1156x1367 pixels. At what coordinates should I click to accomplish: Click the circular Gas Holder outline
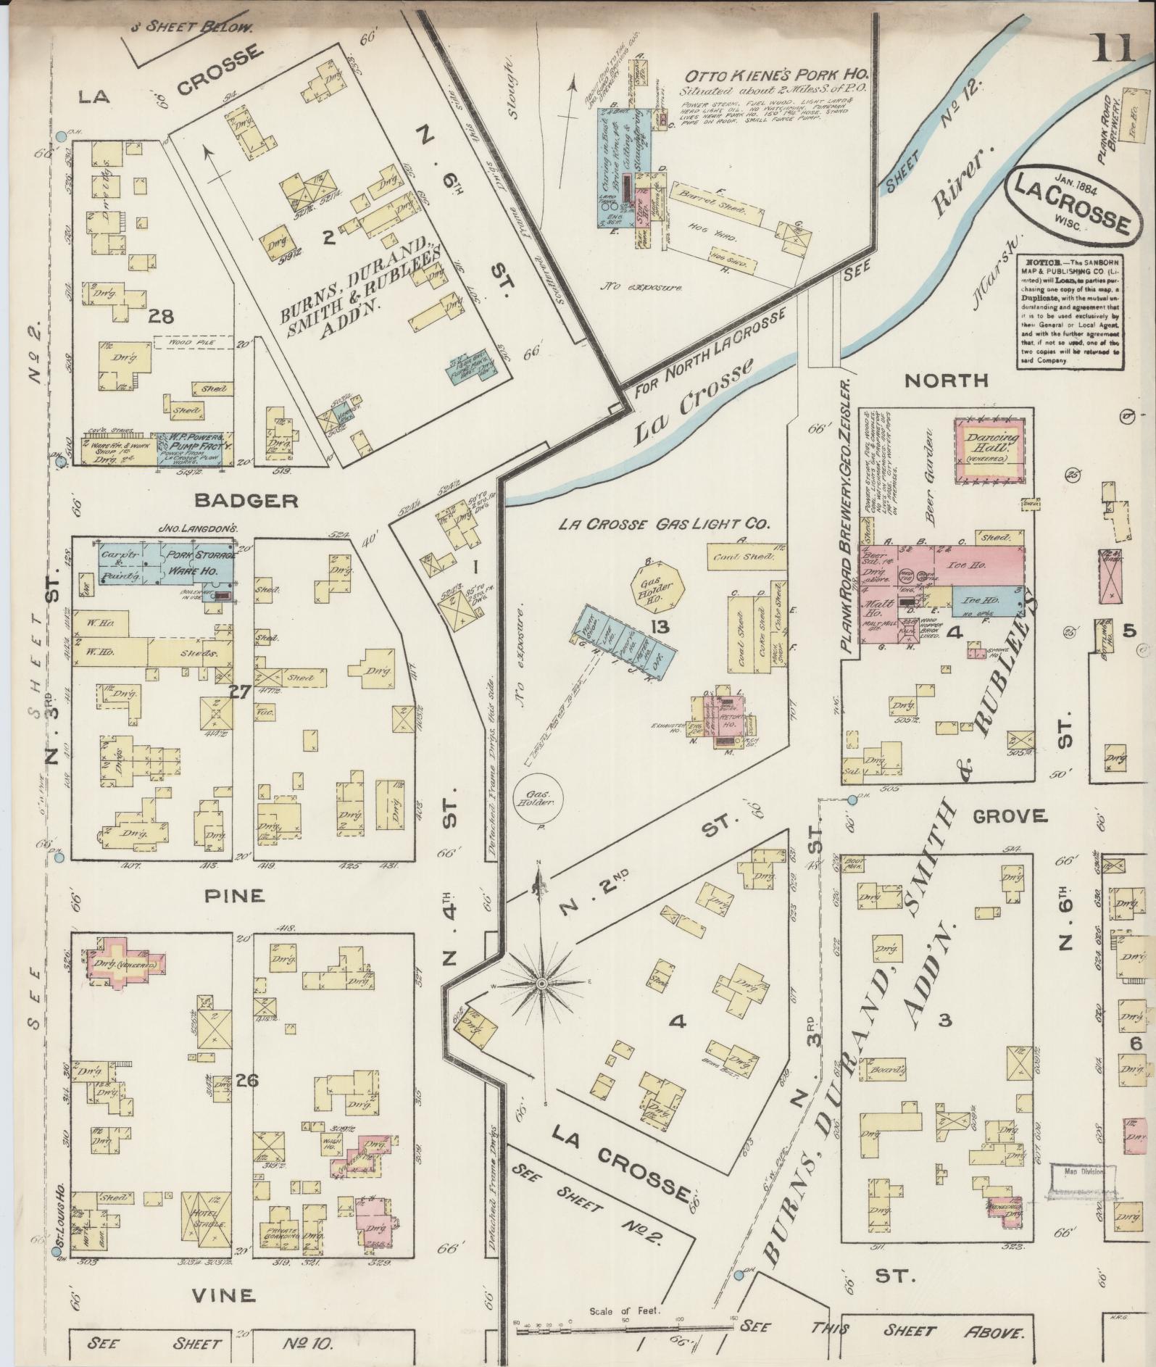click(539, 799)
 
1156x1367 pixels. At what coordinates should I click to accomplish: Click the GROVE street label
click(1010, 816)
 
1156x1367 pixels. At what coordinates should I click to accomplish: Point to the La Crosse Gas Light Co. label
click(663, 524)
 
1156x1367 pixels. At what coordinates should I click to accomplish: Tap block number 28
click(161, 316)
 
